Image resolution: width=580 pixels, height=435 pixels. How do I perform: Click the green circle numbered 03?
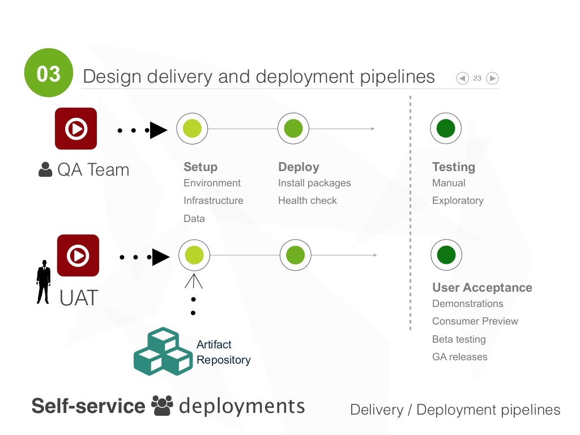[x=49, y=74]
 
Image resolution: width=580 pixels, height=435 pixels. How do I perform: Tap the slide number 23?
[x=477, y=78]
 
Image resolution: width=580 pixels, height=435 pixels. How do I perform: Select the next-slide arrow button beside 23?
[x=492, y=78]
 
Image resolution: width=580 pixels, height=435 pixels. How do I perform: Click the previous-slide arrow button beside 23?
[x=463, y=78]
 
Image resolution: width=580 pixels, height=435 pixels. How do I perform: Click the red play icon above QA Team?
[x=76, y=129]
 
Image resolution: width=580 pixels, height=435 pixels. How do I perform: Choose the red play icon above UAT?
[x=78, y=255]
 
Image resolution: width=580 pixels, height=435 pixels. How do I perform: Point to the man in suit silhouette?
[x=44, y=282]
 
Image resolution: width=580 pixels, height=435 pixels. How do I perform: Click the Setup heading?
[x=201, y=167]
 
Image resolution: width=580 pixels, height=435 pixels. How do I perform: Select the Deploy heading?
[x=298, y=167]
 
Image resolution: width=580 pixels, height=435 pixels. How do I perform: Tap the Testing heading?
[x=453, y=167]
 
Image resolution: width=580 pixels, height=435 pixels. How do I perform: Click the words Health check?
[x=307, y=201]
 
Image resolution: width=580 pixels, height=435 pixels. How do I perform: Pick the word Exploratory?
[x=458, y=201]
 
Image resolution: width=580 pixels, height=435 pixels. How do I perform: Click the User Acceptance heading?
[x=482, y=288]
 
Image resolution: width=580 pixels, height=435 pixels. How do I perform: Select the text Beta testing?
[x=459, y=339]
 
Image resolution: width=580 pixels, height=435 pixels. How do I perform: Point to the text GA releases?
[x=459, y=357]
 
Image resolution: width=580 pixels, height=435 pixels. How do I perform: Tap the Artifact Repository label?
[x=223, y=352]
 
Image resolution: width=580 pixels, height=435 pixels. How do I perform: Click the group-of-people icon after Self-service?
[x=162, y=406]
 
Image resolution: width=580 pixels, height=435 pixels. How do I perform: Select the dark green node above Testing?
[x=446, y=129]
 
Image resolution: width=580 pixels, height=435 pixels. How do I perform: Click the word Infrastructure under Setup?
[x=213, y=201]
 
